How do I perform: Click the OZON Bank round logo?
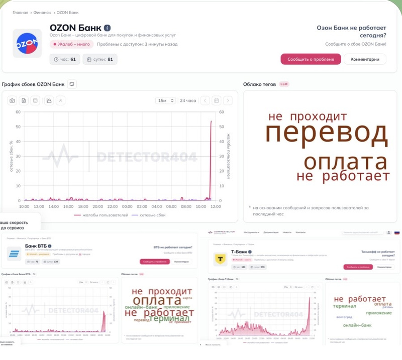tap(28, 44)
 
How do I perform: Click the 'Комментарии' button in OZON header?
tap(365, 59)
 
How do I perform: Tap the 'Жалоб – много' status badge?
tap(71, 44)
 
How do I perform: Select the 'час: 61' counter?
tap(65, 59)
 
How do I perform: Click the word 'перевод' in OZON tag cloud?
tap(327, 134)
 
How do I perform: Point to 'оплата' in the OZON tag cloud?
tap(346, 162)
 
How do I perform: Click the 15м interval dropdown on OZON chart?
tap(166, 100)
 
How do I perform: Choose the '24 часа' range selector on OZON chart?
tap(188, 100)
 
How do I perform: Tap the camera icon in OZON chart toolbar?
tap(12, 100)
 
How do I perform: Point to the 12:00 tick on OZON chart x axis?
tap(216, 206)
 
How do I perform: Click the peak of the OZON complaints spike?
tap(211, 122)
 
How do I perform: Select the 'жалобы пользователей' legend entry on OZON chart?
tap(98, 215)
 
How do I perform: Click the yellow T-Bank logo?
tap(220, 259)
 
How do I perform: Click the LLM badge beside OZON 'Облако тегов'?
tap(284, 84)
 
